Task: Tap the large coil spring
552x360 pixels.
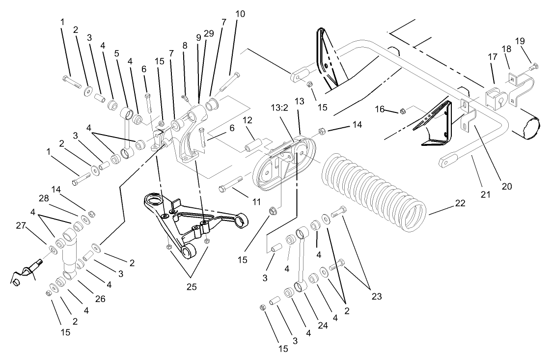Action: (373, 192)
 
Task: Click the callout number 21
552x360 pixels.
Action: (485, 195)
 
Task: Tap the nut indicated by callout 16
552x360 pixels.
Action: (402, 111)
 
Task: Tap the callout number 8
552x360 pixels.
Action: (185, 45)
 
